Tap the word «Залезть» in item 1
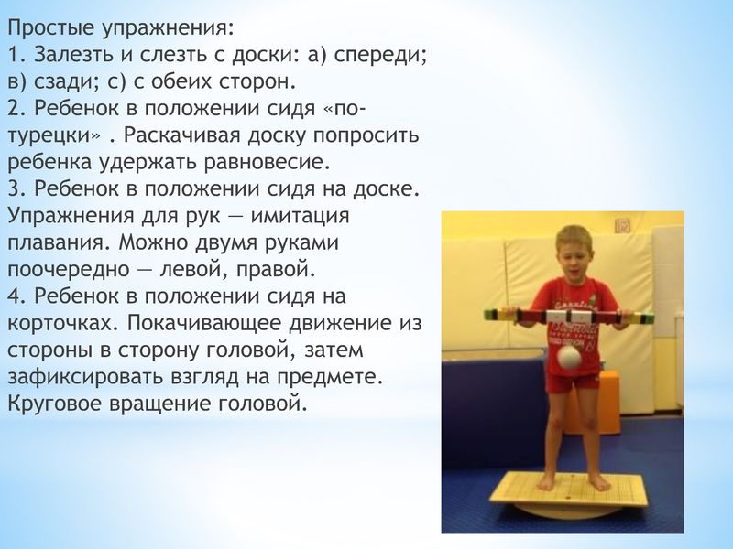(74, 56)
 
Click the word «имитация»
(301, 217)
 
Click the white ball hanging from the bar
(567, 359)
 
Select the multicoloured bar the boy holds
(569, 317)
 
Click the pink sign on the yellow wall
(623, 226)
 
